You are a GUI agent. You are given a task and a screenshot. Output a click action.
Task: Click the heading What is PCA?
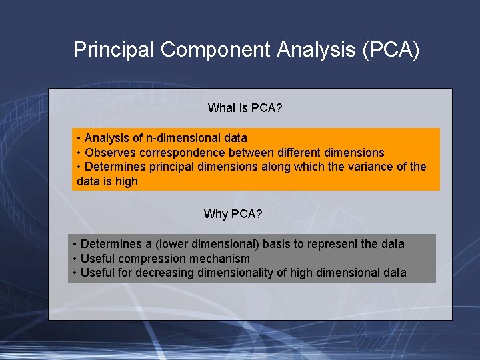(x=245, y=108)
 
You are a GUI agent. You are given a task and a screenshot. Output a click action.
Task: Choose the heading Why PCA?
(x=233, y=214)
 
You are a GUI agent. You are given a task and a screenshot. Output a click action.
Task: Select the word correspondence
(x=175, y=153)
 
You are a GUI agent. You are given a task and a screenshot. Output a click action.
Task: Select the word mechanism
(x=219, y=259)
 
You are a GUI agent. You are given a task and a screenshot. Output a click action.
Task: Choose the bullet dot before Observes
(x=79, y=153)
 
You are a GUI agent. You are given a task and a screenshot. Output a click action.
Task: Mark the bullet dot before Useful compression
(x=75, y=259)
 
